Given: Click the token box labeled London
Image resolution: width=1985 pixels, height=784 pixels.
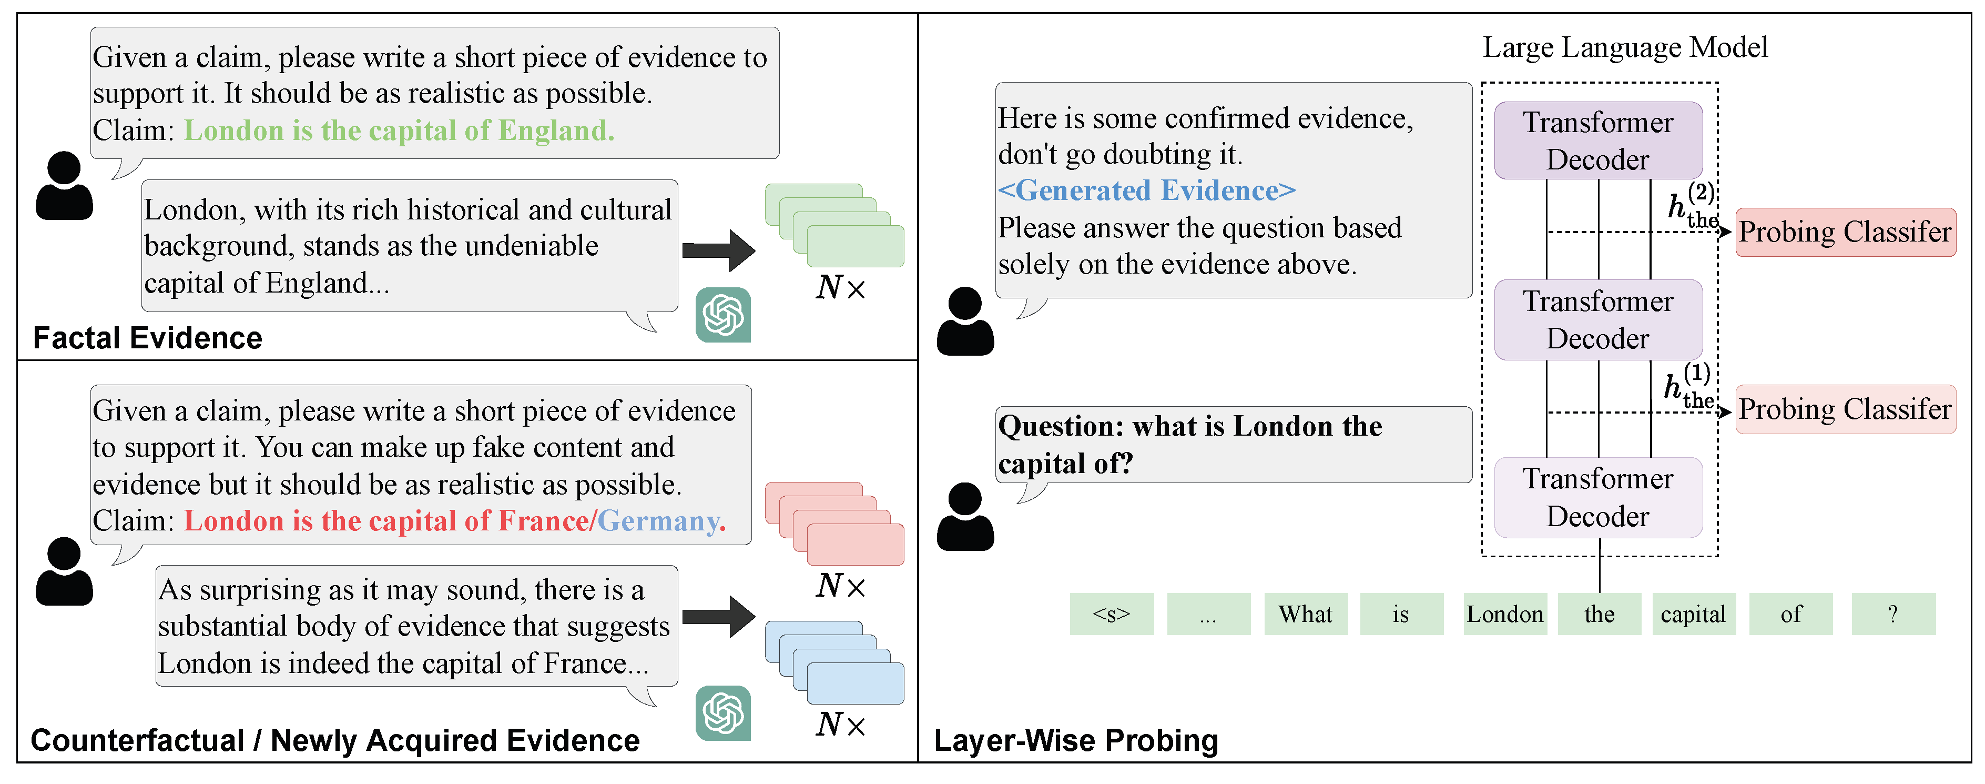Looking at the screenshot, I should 1504,615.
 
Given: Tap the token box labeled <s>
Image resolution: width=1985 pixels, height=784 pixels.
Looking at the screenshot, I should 1111,615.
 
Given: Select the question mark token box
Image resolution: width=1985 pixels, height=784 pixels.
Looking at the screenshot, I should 1892,615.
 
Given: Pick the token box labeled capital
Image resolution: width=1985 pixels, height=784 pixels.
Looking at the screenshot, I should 1693,615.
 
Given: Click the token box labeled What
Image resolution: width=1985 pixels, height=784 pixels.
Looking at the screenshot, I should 1305,615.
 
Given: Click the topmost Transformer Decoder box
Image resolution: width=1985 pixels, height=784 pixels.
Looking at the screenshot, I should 1597,141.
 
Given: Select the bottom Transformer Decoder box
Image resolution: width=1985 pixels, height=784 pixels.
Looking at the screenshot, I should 1597,497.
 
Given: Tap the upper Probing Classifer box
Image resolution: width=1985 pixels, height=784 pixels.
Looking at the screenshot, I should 1844,232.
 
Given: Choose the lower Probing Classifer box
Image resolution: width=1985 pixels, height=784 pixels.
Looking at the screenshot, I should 1844,409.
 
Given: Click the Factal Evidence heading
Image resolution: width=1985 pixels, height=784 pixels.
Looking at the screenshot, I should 147,338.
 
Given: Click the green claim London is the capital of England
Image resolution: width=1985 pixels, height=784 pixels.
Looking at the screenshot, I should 399,131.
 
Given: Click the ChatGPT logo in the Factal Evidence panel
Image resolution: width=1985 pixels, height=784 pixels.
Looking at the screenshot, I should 723,315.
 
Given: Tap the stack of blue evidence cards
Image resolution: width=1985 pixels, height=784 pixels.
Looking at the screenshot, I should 834,662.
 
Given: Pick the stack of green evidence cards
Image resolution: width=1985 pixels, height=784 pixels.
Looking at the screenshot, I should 834,225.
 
